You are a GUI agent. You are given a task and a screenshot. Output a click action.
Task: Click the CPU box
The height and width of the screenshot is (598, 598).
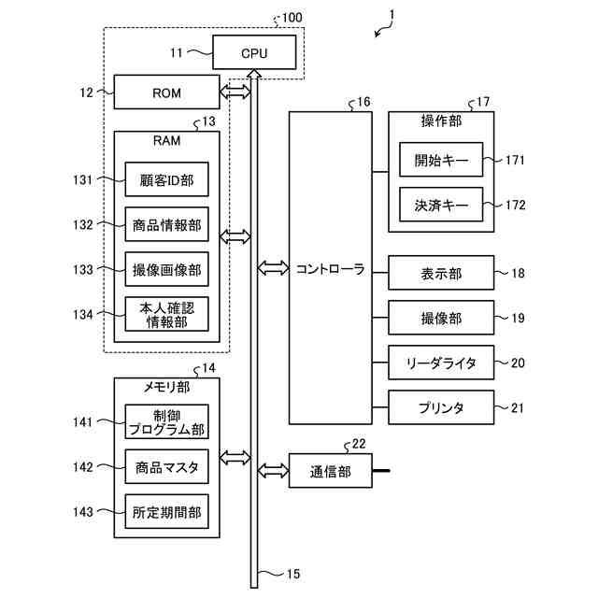pos(254,52)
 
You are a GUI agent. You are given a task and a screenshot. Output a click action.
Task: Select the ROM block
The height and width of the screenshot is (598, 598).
pos(166,93)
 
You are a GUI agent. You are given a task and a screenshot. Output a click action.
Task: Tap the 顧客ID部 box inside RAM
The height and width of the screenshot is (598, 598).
pos(166,179)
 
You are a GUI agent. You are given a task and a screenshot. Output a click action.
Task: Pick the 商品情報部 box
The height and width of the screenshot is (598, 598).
pos(166,224)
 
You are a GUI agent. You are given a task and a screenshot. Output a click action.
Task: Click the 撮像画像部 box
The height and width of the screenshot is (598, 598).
pos(166,269)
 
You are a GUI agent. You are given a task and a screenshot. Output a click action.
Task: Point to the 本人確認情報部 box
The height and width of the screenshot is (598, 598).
pos(166,314)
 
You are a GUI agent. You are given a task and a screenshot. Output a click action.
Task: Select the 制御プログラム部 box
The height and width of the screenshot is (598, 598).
pos(166,422)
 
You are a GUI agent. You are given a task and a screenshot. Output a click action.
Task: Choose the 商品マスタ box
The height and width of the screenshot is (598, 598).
pos(166,467)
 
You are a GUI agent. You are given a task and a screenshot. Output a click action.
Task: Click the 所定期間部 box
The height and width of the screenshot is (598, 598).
pos(166,512)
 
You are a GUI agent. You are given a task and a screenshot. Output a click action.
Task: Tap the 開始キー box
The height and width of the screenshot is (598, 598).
pos(440,160)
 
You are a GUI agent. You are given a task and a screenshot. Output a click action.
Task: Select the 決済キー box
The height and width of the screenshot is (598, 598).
pos(440,205)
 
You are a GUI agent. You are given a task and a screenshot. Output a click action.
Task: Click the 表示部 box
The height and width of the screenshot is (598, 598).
pos(440,274)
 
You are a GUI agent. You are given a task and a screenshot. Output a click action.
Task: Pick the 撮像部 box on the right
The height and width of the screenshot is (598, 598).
pos(440,319)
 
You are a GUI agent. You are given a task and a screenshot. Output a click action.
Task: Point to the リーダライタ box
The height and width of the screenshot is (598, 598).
pos(440,363)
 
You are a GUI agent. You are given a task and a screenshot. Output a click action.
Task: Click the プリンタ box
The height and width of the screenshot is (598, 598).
pos(440,407)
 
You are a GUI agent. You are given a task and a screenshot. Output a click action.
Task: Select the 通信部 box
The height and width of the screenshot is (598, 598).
pos(331,472)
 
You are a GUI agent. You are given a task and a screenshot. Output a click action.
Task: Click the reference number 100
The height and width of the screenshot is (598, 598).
pos(292,18)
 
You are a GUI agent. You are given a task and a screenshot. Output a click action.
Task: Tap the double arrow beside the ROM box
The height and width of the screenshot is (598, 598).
pos(235,93)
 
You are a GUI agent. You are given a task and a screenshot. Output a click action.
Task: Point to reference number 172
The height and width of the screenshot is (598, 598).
pos(516,205)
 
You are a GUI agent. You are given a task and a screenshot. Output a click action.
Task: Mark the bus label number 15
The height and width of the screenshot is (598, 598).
pos(293,574)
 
